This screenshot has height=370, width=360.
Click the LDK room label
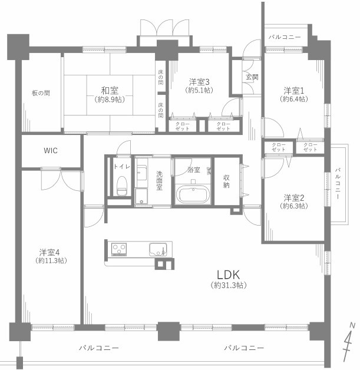229,275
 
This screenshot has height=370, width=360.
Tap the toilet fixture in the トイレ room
122,186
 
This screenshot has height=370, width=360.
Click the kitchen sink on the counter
158,249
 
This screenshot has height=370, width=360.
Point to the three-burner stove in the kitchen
119,249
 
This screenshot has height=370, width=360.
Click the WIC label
51,151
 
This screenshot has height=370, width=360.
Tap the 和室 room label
110,90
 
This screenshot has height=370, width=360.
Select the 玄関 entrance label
252,77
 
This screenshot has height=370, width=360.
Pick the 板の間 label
41,93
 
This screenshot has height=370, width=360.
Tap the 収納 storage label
226,181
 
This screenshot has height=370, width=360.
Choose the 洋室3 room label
199,82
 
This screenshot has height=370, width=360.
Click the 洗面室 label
159,181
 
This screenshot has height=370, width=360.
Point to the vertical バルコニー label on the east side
338,184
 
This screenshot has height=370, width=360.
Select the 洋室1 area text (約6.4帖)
294,99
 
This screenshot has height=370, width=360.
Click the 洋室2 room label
294,198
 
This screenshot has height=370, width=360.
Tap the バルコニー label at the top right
285,37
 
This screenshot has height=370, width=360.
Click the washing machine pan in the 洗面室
141,196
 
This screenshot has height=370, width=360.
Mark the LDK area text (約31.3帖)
229,285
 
